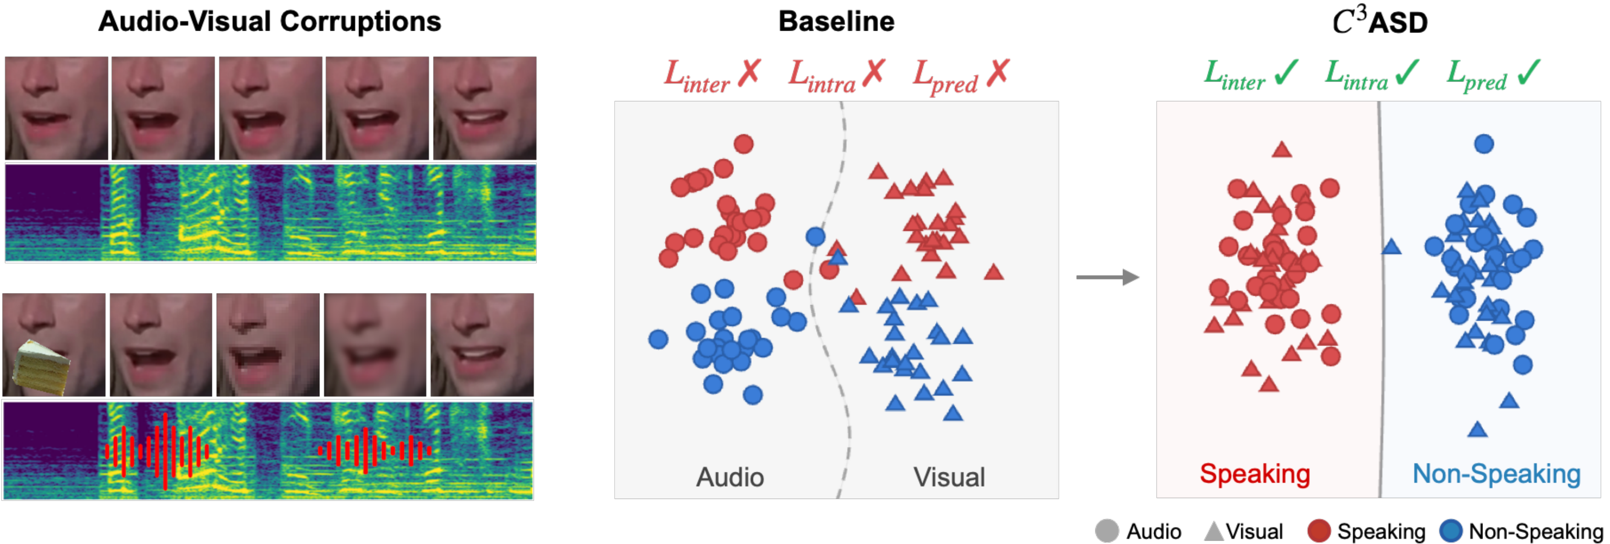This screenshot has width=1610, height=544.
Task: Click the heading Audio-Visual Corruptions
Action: click(x=269, y=21)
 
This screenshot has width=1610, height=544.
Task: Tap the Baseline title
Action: click(x=836, y=21)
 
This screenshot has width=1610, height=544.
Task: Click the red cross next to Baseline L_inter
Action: click(x=749, y=73)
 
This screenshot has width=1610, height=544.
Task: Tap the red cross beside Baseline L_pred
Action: click(x=998, y=73)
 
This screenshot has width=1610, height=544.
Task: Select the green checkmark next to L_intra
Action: click(x=1406, y=73)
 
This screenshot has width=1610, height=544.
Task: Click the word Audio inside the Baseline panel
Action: click(x=730, y=477)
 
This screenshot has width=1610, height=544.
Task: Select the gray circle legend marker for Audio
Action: click(x=1107, y=532)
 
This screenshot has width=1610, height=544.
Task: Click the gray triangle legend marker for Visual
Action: click(x=1214, y=532)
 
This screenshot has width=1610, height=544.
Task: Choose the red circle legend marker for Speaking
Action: click(x=1319, y=532)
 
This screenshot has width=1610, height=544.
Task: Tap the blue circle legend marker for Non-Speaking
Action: click(x=1451, y=532)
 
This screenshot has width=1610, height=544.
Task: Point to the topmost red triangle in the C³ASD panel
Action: click(x=1282, y=149)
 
